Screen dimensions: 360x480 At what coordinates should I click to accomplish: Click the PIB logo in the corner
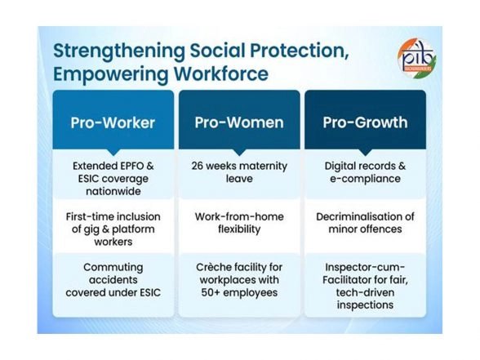tap(415, 60)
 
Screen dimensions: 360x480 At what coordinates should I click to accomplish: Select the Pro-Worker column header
tap(113, 123)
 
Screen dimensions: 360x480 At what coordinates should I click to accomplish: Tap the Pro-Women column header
tap(239, 123)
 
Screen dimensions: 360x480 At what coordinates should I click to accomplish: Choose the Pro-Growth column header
tap(365, 123)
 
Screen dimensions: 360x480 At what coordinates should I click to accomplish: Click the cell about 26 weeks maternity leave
tap(239, 171)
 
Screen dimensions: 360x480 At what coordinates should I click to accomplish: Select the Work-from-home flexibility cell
tap(239, 223)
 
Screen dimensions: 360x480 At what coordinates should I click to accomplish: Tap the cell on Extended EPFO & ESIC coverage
tap(113, 177)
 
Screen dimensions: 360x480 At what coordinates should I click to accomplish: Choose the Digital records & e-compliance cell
tap(365, 171)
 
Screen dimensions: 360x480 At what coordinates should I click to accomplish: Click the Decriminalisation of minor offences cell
tap(365, 223)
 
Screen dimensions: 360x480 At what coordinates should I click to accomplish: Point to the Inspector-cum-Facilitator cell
tap(365, 285)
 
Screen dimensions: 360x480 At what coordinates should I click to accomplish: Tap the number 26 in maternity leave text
tap(199, 166)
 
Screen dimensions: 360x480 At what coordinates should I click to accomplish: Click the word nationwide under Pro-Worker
tap(113, 191)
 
